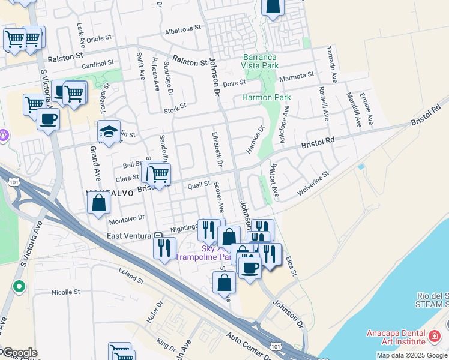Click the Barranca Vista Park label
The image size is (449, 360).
click(x=259, y=60)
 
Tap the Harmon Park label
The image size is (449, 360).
click(x=266, y=97)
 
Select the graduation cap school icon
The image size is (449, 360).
click(x=108, y=132)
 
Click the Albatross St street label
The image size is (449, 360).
click(x=182, y=29)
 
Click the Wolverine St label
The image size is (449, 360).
click(x=313, y=184)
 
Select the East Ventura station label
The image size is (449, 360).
click(x=130, y=236)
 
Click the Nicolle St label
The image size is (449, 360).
click(x=65, y=292)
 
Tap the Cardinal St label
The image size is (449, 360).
click(x=97, y=64)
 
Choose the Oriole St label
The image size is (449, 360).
click(x=100, y=38)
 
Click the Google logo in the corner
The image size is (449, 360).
click(x=19, y=353)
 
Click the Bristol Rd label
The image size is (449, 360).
click(x=316, y=142)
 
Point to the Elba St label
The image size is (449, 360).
click(x=292, y=267)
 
